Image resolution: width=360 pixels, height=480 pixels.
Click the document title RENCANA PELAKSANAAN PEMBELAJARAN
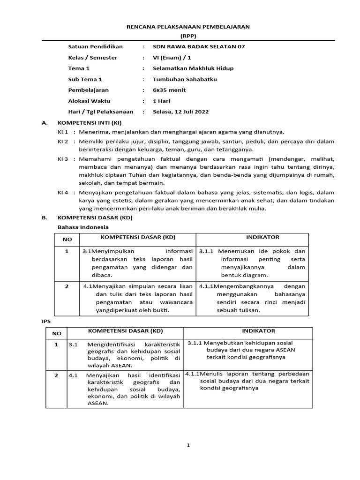pyautogui.click(x=188, y=27)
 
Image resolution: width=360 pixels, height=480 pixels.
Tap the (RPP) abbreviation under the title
pyautogui.click(x=188, y=36)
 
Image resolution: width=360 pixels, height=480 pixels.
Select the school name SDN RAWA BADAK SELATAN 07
pyautogui.click(x=199, y=47)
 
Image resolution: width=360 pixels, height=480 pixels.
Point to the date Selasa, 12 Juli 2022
pyautogui.click(x=181, y=112)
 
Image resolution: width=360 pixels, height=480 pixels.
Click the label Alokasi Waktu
pyautogui.click(x=89, y=101)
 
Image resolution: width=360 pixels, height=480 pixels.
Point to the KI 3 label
pyautogui.click(x=63, y=159)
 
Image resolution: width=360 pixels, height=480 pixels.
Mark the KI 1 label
pyautogui.click(x=63, y=132)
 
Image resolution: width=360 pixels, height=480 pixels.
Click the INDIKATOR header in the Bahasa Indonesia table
pyautogui.click(x=252, y=237)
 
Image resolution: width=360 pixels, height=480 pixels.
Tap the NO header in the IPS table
pyautogui.click(x=56, y=334)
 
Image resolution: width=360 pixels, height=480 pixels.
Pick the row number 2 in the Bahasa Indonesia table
pyautogui.click(x=67, y=286)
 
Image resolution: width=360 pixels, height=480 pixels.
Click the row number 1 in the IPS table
pyautogui.click(x=56, y=345)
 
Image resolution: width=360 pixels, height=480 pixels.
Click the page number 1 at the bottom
pyautogui.click(x=188, y=446)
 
